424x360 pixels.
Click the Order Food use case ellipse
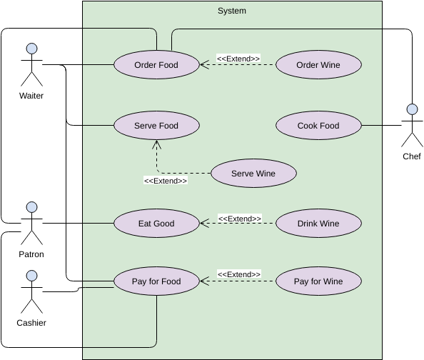(x=156, y=65)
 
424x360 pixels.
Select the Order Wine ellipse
(x=318, y=65)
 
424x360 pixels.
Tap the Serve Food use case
(x=156, y=125)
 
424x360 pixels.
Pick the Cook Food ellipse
(x=318, y=125)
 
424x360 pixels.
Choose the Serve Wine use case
(x=253, y=173)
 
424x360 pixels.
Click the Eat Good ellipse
(x=156, y=224)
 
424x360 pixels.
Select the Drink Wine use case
(x=318, y=224)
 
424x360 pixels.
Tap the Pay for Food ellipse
(x=156, y=281)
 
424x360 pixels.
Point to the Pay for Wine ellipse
(x=318, y=281)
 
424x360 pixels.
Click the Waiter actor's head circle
(x=32, y=49)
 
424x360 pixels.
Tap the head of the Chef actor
(x=412, y=109)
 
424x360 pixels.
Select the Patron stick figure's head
(x=32, y=207)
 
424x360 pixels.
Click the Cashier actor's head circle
(x=32, y=276)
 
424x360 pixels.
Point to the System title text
(x=232, y=11)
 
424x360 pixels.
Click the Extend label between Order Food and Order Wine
(x=238, y=59)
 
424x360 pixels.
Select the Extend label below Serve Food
(x=166, y=181)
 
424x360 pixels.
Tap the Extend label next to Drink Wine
(x=240, y=219)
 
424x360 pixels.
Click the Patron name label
(x=31, y=254)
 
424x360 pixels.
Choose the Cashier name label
(x=31, y=323)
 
